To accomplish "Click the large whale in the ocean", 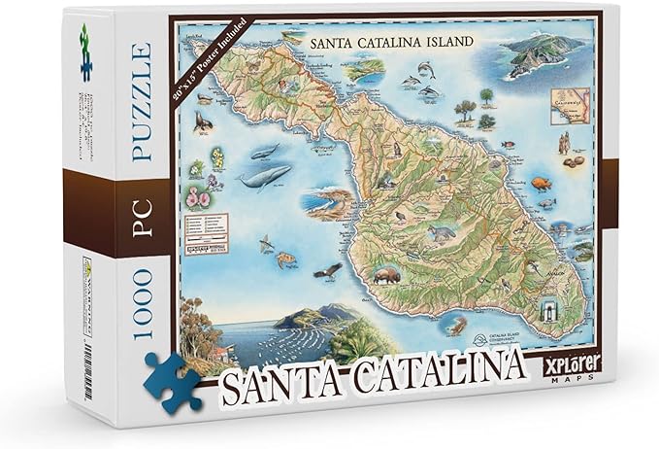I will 264,177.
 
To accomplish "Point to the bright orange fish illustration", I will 541,183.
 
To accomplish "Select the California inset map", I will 567,103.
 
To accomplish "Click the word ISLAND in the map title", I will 439,42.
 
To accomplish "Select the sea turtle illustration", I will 288,259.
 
